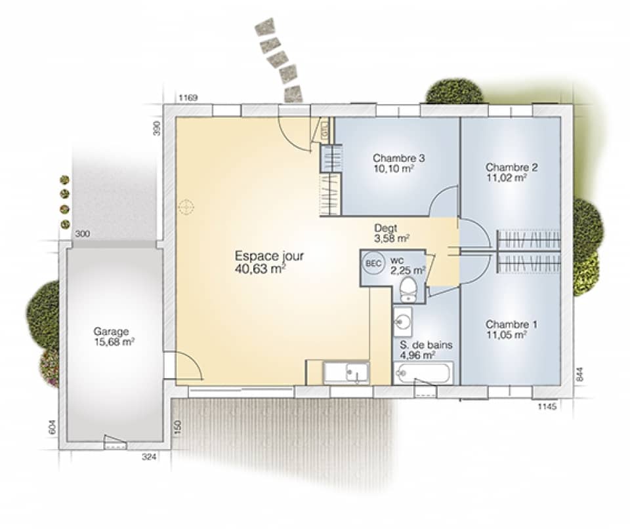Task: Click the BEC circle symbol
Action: (373, 264)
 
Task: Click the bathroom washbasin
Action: (403, 322)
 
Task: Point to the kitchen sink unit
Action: (346, 373)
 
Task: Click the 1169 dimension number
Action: (188, 98)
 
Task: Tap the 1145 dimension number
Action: (547, 406)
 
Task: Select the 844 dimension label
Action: (579, 374)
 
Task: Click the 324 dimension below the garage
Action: (149, 456)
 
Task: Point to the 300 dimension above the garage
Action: (83, 234)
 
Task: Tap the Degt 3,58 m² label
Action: (392, 233)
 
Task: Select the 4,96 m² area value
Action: (417, 355)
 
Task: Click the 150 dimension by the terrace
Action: (178, 427)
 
